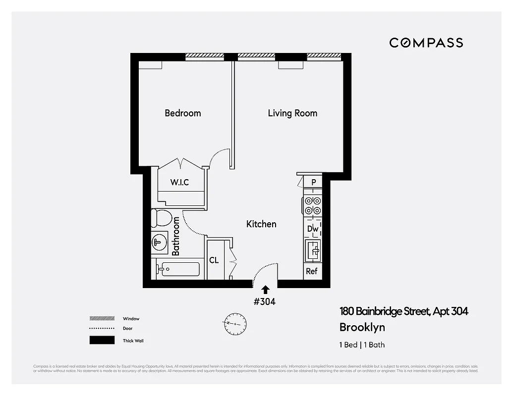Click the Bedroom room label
[x=183, y=113]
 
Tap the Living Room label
[x=292, y=113]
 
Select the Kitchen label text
[x=261, y=224]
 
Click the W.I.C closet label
[x=179, y=183]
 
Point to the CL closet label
[x=214, y=260]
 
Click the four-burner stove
[x=313, y=206]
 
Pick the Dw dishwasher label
[x=312, y=229]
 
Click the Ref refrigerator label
[x=312, y=271]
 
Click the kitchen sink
[x=313, y=250]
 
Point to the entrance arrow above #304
[x=265, y=290]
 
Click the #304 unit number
[x=265, y=301]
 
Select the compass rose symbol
[x=233, y=323]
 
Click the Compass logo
[x=426, y=43]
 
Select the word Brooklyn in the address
[x=362, y=328]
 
